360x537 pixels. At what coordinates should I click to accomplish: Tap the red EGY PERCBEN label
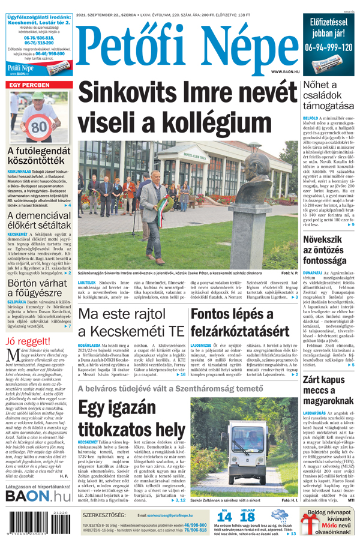(28, 86)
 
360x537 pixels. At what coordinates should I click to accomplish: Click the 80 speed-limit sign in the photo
(39, 127)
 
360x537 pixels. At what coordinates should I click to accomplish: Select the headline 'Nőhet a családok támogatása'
(329, 96)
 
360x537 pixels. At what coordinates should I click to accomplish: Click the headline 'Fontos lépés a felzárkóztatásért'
(239, 323)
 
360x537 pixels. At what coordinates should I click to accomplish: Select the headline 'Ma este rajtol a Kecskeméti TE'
(131, 323)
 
